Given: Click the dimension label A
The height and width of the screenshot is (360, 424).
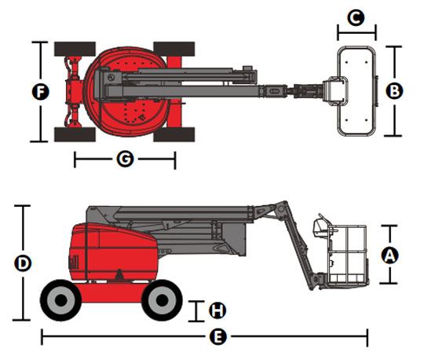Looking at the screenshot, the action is [389, 255].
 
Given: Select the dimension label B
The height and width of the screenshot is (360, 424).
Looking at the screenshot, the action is [394, 91].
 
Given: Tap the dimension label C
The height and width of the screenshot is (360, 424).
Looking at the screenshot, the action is [356, 17].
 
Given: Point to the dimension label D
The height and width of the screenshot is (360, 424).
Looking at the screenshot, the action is [23, 263].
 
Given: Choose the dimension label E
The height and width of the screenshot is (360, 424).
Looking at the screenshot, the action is [218, 337].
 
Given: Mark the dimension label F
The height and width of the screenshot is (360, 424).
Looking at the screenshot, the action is [41, 92].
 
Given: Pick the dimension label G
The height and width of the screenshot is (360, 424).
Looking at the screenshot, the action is [125, 159].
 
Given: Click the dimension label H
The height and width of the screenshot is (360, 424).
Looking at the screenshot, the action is [217, 310].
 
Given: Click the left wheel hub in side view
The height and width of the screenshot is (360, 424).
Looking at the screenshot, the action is [60, 300].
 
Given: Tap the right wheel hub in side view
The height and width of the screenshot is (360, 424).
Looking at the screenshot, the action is [162, 300].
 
